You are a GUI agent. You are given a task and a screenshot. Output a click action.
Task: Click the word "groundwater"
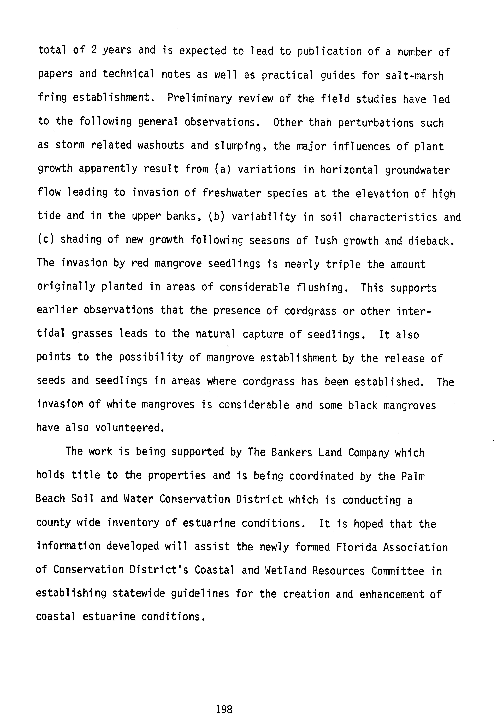[417, 170]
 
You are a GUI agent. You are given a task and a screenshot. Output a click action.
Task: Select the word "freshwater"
[231, 193]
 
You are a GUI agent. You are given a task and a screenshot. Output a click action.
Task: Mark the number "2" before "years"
[94, 50]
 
